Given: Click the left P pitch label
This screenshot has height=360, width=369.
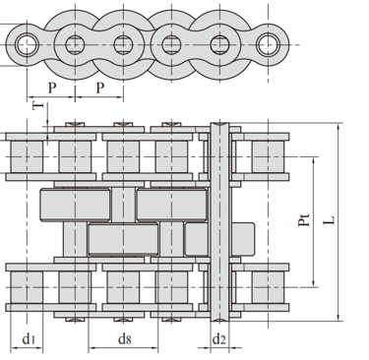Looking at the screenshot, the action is [52, 88].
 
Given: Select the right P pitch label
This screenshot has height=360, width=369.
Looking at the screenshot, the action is [100, 88].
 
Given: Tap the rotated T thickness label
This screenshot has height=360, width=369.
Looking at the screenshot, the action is [38, 105].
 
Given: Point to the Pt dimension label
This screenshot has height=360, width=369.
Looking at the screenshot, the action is [304, 219].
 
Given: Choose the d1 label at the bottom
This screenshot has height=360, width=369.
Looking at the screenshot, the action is [29, 339].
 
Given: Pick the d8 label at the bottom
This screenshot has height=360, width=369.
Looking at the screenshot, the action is [124, 339].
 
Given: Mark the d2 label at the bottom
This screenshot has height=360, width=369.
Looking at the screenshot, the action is [219, 339].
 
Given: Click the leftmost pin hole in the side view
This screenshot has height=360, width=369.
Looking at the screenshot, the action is [27, 44].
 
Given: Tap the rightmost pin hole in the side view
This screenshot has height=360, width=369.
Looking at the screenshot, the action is [268, 44].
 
